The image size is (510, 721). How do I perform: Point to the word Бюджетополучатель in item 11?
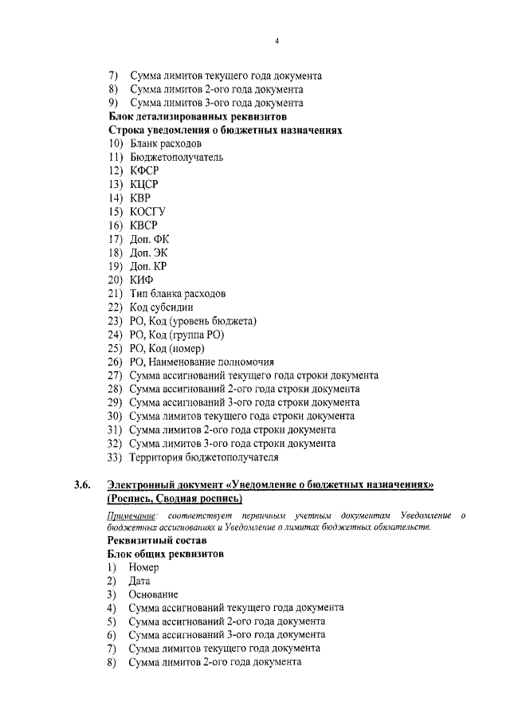[x=176, y=157]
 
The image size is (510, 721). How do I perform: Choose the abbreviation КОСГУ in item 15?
[x=147, y=211]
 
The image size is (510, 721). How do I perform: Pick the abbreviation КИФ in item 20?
[x=141, y=280]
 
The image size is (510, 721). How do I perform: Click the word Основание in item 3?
[x=153, y=594]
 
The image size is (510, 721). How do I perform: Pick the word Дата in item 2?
[x=139, y=581]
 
